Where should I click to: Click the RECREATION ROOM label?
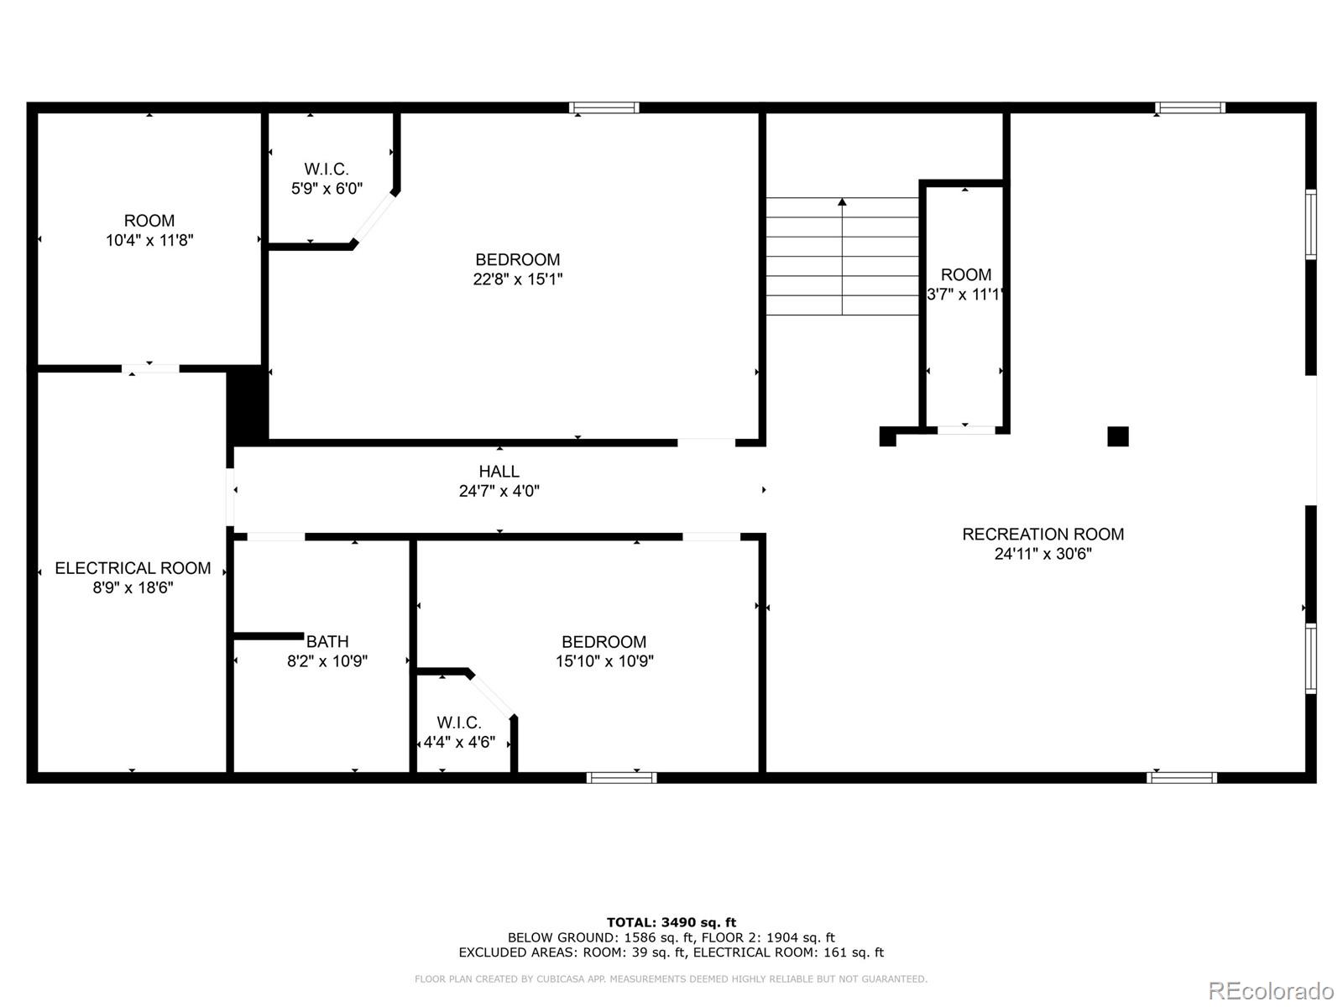(1043, 534)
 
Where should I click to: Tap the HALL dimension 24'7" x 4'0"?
(499, 491)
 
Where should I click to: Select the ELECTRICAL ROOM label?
(133, 568)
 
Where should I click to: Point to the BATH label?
(327, 642)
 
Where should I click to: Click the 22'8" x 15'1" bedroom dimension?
(517, 279)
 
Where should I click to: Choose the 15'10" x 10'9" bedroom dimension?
(604, 661)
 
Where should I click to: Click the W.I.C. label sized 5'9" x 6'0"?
(327, 170)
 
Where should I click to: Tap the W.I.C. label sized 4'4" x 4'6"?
(458, 723)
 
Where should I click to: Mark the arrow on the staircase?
(842, 202)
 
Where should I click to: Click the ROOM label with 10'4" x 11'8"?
(149, 221)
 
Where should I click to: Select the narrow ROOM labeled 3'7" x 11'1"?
(965, 275)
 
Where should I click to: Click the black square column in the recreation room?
(1117, 436)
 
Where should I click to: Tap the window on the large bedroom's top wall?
(604, 107)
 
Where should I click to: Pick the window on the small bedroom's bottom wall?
(621, 778)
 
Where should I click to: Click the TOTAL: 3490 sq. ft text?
(671, 922)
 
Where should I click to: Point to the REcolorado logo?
(1270, 991)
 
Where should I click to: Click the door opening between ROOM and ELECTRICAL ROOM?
(150, 368)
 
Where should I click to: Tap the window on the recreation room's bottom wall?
(1181, 778)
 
